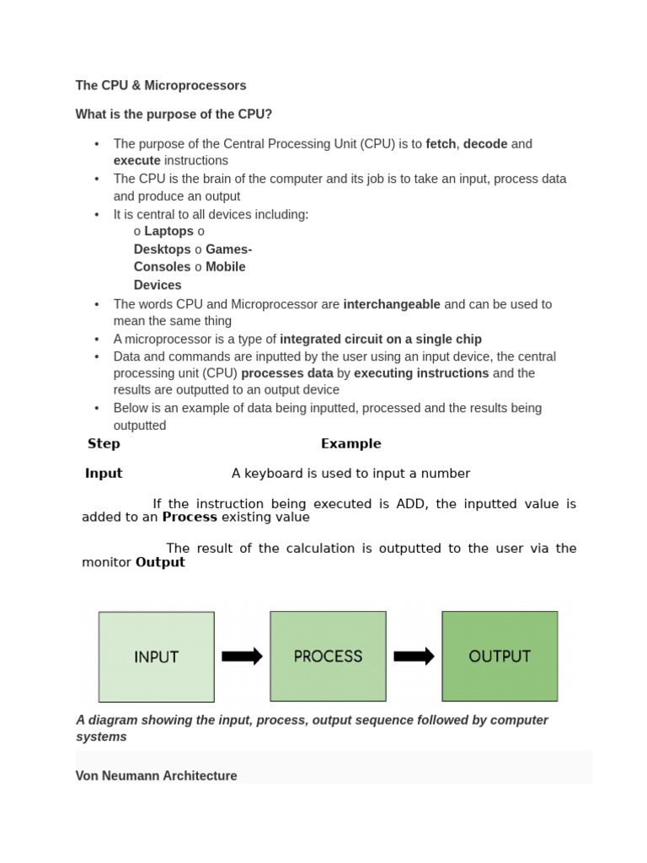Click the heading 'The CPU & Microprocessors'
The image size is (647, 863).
click(x=161, y=85)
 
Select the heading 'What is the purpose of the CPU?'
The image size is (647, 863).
click(x=174, y=115)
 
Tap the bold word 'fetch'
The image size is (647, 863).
click(x=441, y=144)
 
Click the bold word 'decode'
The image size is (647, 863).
click(x=485, y=144)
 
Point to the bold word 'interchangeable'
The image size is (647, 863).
click(x=392, y=304)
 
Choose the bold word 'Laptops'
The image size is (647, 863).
click(x=168, y=232)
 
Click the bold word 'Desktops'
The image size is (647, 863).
click(x=163, y=249)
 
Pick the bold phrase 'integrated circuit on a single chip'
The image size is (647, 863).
click(x=381, y=340)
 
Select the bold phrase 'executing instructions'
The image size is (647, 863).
click(x=421, y=373)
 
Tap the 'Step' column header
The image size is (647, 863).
click(x=104, y=444)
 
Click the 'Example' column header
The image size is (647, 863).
click(x=350, y=444)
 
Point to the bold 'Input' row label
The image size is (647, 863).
click(x=104, y=474)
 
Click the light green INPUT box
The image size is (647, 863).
click(x=157, y=657)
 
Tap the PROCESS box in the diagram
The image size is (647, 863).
click(x=328, y=657)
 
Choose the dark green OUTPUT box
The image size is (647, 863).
click(x=500, y=657)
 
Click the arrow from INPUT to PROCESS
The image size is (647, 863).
click(x=242, y=657)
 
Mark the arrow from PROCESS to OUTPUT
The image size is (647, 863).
click(x=414, y=657)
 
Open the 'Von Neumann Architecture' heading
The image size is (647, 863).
click(x=156, y=776)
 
